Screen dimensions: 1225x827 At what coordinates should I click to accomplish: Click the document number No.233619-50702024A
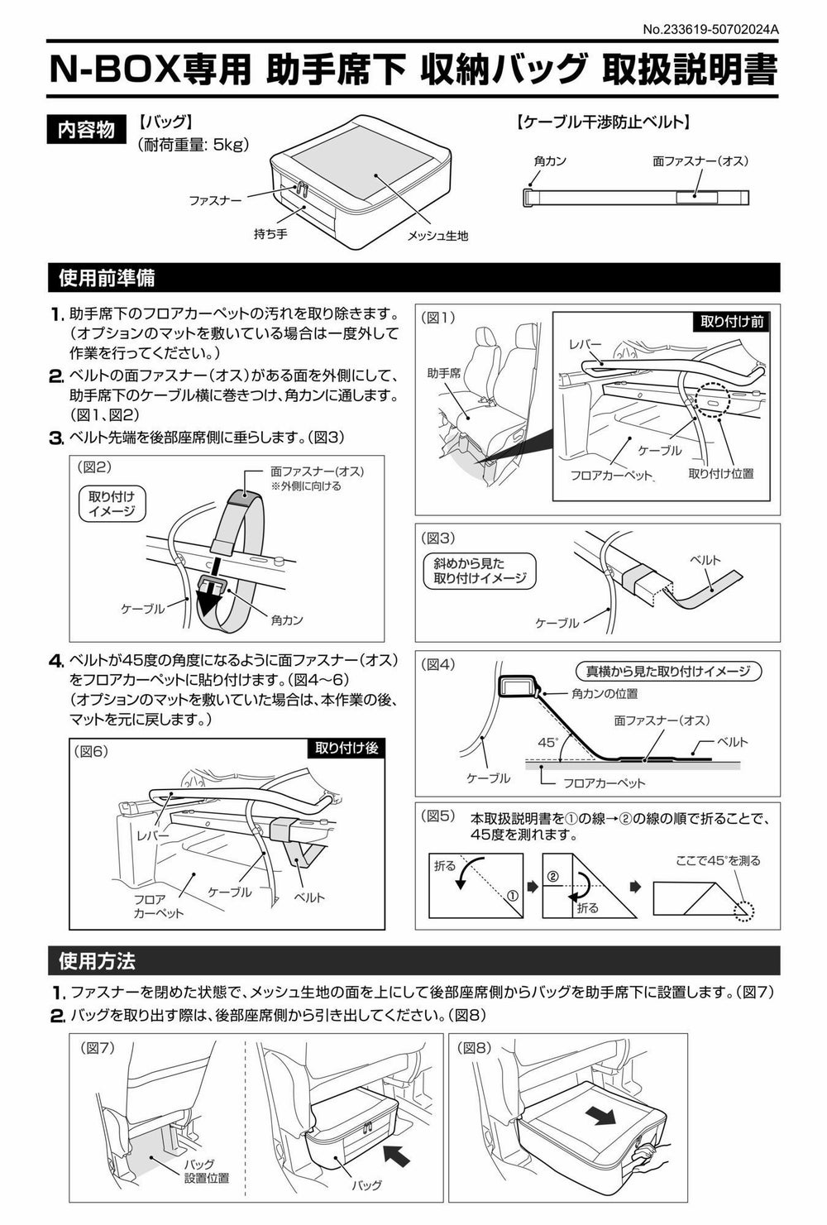coord(712,31)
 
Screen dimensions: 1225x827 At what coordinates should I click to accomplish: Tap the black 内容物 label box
coord(86,130)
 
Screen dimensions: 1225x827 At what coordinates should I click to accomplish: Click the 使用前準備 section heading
coord(108,278)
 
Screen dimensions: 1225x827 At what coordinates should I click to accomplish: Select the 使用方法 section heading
coord(98,961)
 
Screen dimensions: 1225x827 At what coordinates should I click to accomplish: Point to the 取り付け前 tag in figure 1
coord(731,322)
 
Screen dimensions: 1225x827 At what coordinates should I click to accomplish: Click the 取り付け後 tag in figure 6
coord(347,748)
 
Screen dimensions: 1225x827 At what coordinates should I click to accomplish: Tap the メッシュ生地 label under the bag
coord(437,237)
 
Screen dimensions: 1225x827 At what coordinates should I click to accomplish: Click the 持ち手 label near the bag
coord(270,234)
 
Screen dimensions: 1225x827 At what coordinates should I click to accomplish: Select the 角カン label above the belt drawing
coord(550,161)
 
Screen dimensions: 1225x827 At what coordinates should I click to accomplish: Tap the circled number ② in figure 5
coord(553,876)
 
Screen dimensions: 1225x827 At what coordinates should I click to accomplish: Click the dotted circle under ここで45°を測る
coord(743,909)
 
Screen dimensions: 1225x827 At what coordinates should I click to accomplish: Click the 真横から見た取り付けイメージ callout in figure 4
coord(667,672)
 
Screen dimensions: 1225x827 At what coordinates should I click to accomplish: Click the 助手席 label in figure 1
coord(444,373)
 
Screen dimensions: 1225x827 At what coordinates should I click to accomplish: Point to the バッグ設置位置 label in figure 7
coord(207,1171)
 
